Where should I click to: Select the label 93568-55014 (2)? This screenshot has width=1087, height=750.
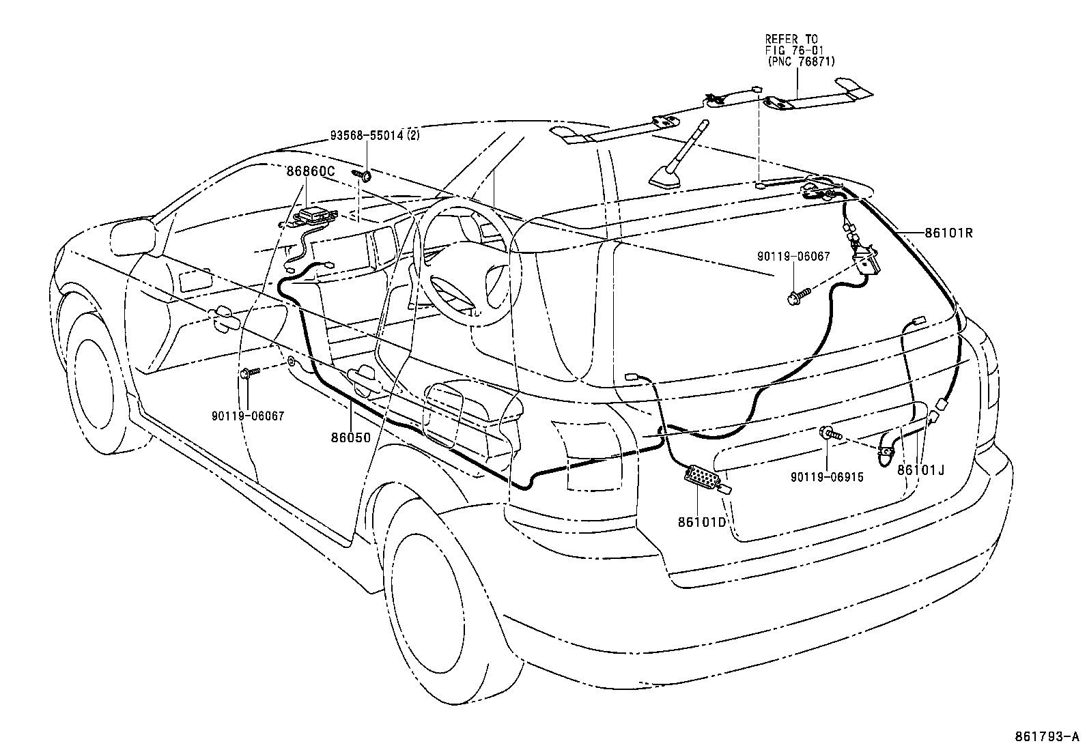coord(375,135)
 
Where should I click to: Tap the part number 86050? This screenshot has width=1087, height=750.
coord(351,437)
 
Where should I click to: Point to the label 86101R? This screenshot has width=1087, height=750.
coord(948,233)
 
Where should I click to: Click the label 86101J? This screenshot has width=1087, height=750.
coord(920,470)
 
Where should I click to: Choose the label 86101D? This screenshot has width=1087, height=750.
coord(701,522)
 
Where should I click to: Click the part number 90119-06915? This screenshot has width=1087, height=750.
coord(827,477)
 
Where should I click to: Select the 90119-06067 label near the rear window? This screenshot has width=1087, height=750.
coord(793,256)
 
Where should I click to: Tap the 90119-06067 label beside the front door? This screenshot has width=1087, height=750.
coord(248,416)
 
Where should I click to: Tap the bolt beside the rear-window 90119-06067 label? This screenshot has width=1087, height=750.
coord(798,295)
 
